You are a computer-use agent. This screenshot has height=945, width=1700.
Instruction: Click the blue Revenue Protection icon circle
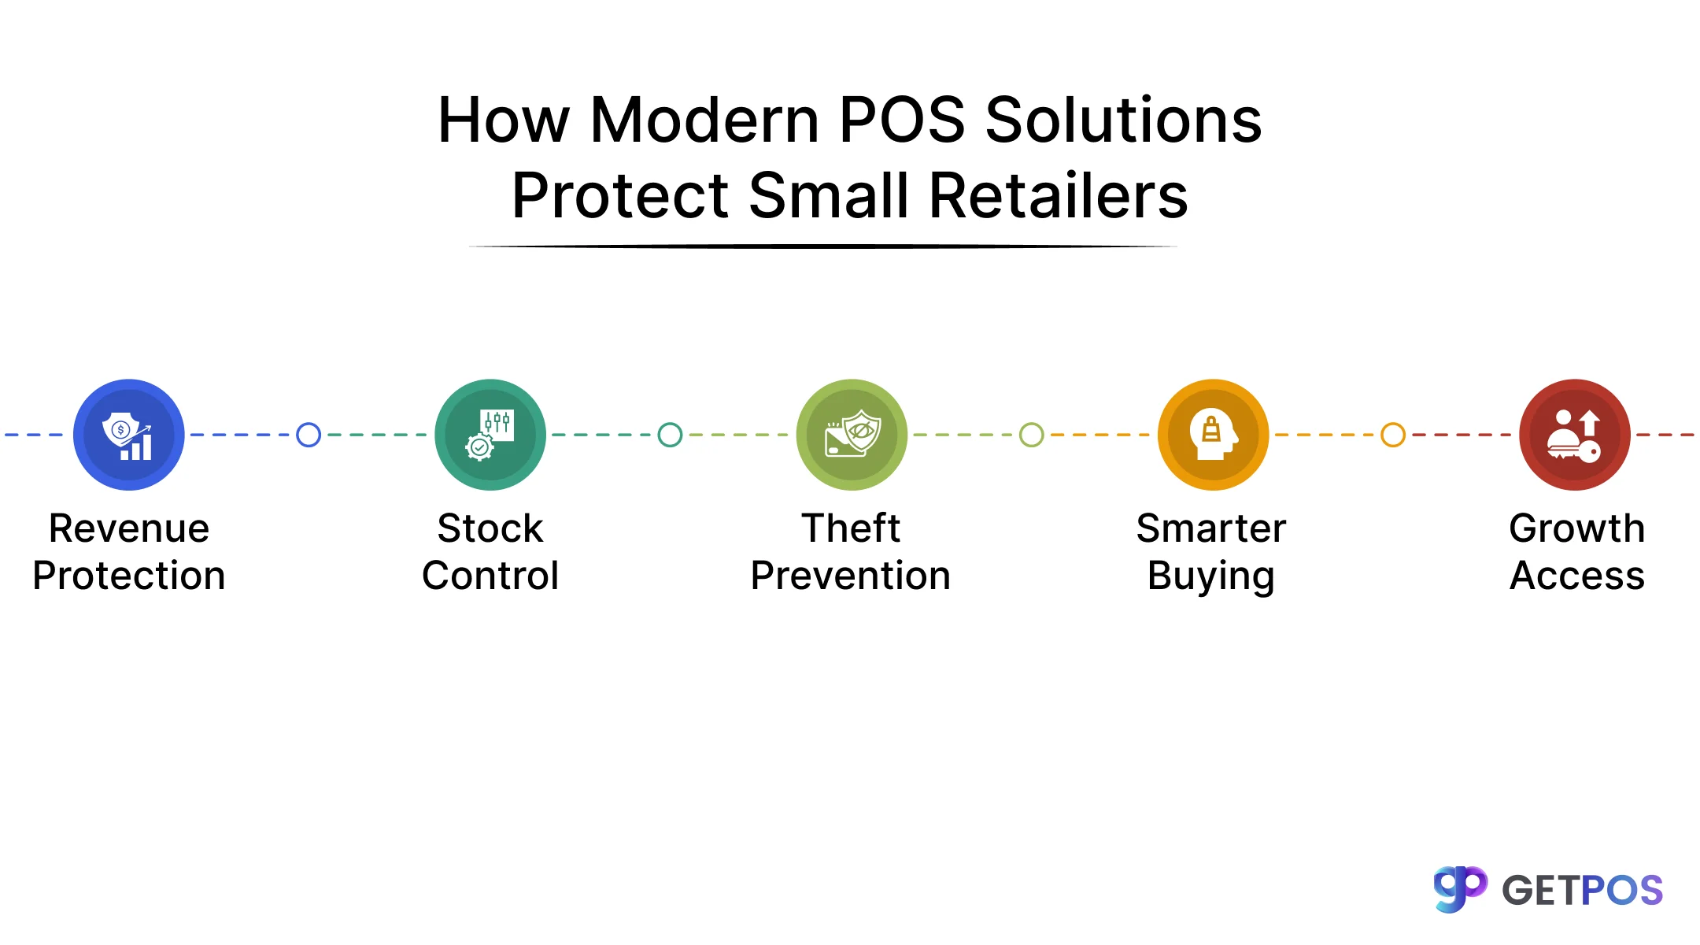click(x=129, y=435)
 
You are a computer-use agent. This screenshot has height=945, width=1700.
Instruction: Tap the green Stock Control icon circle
click(x=490, y=435)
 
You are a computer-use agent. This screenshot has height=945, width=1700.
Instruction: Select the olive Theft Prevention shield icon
click(x=852, y=435)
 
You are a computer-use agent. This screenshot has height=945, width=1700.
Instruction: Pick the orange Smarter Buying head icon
click(x=1213, y=435)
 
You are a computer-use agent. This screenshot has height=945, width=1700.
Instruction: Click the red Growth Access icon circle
click(x=1574, y=435)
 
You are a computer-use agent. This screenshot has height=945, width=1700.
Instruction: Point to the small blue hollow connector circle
click(x=309, y=435)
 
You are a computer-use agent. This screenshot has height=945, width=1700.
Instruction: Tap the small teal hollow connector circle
click(x=670, y=435)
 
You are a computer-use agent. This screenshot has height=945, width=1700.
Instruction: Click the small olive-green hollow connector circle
click(x=1032, y=435)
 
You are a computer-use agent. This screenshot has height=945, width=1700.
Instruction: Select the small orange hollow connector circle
click(x=1393, y=435)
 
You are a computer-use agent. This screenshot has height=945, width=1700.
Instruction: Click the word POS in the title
click(x=902, y=120)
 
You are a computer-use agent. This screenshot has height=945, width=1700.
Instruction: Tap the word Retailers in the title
click(x=1059, y=196)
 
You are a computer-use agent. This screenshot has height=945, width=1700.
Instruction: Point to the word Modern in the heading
click(x=704, y=120)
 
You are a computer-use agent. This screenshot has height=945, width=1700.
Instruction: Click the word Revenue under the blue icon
click(x=129, y=528)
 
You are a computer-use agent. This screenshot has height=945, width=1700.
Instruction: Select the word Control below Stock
click(x=490, y=576)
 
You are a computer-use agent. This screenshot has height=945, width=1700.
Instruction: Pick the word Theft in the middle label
click(x=851, y=528)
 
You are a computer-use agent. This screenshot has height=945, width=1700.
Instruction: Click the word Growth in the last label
click(x=1577, y=528)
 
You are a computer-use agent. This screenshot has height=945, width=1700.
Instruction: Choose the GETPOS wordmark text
click(x=1582, y=891)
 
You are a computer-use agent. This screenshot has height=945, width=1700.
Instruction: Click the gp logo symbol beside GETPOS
click(x=1460, y=889)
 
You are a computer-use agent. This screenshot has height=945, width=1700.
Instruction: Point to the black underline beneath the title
click(x=823, y=246)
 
